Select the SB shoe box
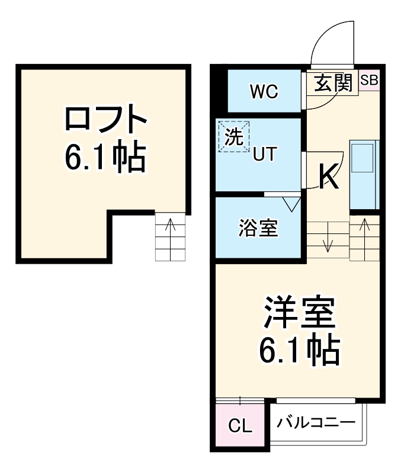[368, 80]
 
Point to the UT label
[264, 155]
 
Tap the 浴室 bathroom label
[258, 228]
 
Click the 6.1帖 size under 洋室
[299, 351]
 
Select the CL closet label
[240, 425]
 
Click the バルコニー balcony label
[316, 423]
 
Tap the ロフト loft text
[105, 120]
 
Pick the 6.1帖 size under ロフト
[105, 156]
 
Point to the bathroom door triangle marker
[291, 204]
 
